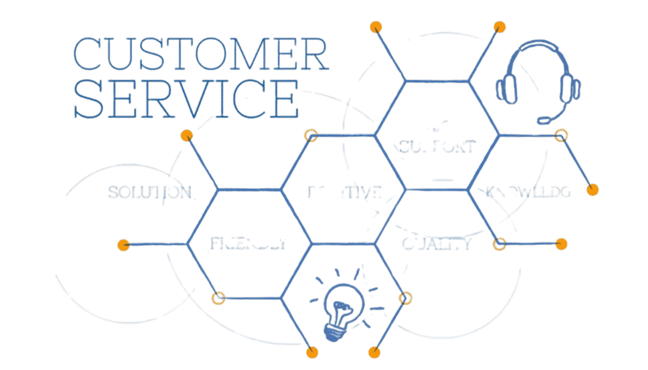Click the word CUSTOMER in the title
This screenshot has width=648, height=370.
(x=201, y=54)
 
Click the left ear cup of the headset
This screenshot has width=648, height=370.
(x=506, y=88)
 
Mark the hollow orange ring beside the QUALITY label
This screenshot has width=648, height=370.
(x=500, y=244)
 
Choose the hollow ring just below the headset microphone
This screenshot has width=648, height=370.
(x=561, y=135)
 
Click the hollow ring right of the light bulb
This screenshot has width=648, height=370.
(x=405, y=298)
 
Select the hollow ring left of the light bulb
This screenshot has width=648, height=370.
(x=218, y=298)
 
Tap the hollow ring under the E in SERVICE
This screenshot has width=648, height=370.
(x=311, y=135)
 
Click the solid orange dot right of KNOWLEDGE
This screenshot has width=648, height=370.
(x=593, y=189)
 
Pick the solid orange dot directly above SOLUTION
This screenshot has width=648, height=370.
(x=187, y=135)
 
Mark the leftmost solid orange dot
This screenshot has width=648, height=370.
(x=124, y=245)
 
